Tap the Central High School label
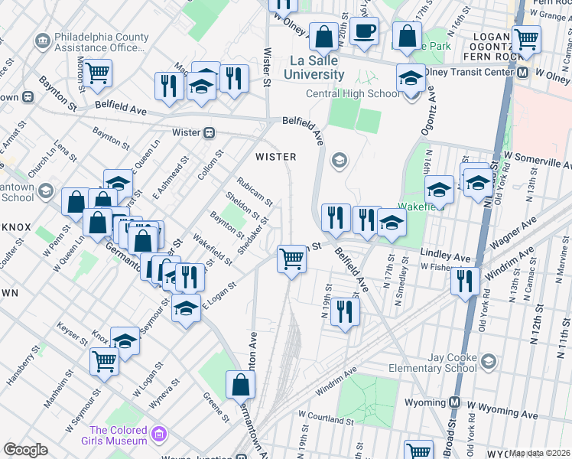(353, 94)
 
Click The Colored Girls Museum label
(118, 435)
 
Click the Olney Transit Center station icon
(523, 73)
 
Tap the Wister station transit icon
(208, 132)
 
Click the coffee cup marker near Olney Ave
(365, 32)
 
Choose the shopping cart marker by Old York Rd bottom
(418, 451)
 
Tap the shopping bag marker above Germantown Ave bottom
(240, 384)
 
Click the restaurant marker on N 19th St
(346, 312)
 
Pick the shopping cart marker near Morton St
(98, 73)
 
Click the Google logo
(25, 450)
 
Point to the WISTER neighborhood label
(275, 157)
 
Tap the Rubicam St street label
(255, 191)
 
